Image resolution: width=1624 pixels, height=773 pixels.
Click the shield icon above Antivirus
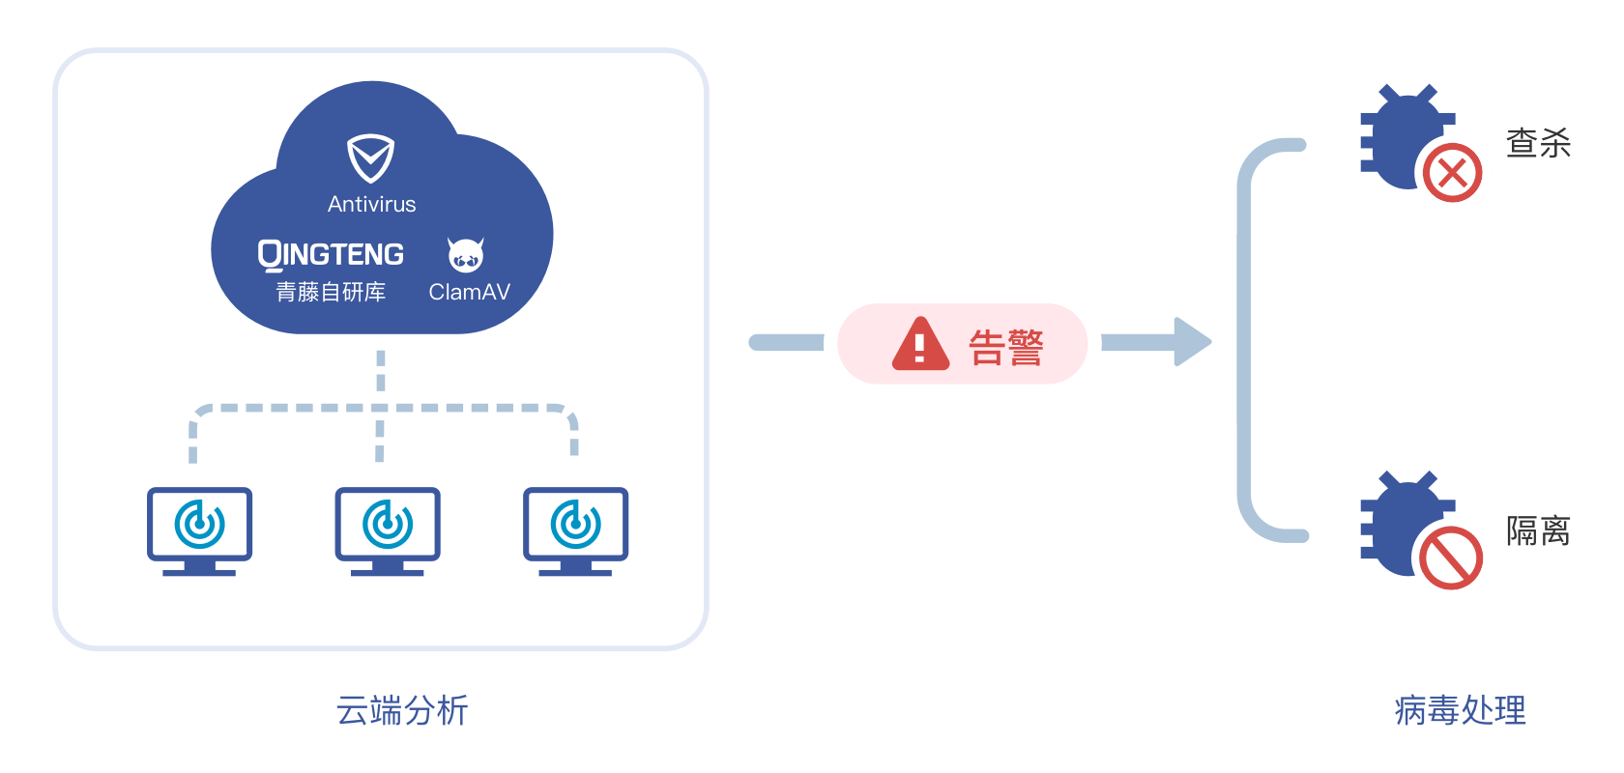371,158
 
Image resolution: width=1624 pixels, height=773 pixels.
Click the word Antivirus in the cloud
371,205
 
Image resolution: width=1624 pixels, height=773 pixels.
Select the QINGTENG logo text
331,254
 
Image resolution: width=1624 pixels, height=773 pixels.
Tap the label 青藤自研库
331,292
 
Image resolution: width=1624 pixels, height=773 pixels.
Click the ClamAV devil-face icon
466,254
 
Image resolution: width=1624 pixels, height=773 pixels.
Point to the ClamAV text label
469,292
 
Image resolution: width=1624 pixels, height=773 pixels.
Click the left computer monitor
199,527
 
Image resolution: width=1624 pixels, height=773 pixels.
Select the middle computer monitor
387,527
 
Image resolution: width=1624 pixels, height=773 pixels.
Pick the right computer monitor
575,527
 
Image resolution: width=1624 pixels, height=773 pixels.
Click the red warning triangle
920,345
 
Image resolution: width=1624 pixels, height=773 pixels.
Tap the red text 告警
1005,347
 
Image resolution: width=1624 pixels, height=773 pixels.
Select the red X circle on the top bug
1452,174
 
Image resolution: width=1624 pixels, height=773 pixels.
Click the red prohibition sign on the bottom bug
1451,558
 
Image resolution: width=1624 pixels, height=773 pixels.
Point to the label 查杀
1537,144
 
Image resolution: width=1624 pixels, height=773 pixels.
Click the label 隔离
1537,530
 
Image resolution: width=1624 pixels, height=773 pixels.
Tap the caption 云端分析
401,710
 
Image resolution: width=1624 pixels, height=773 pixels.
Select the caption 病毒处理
1460,710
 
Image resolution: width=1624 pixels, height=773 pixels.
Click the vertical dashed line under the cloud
381,371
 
